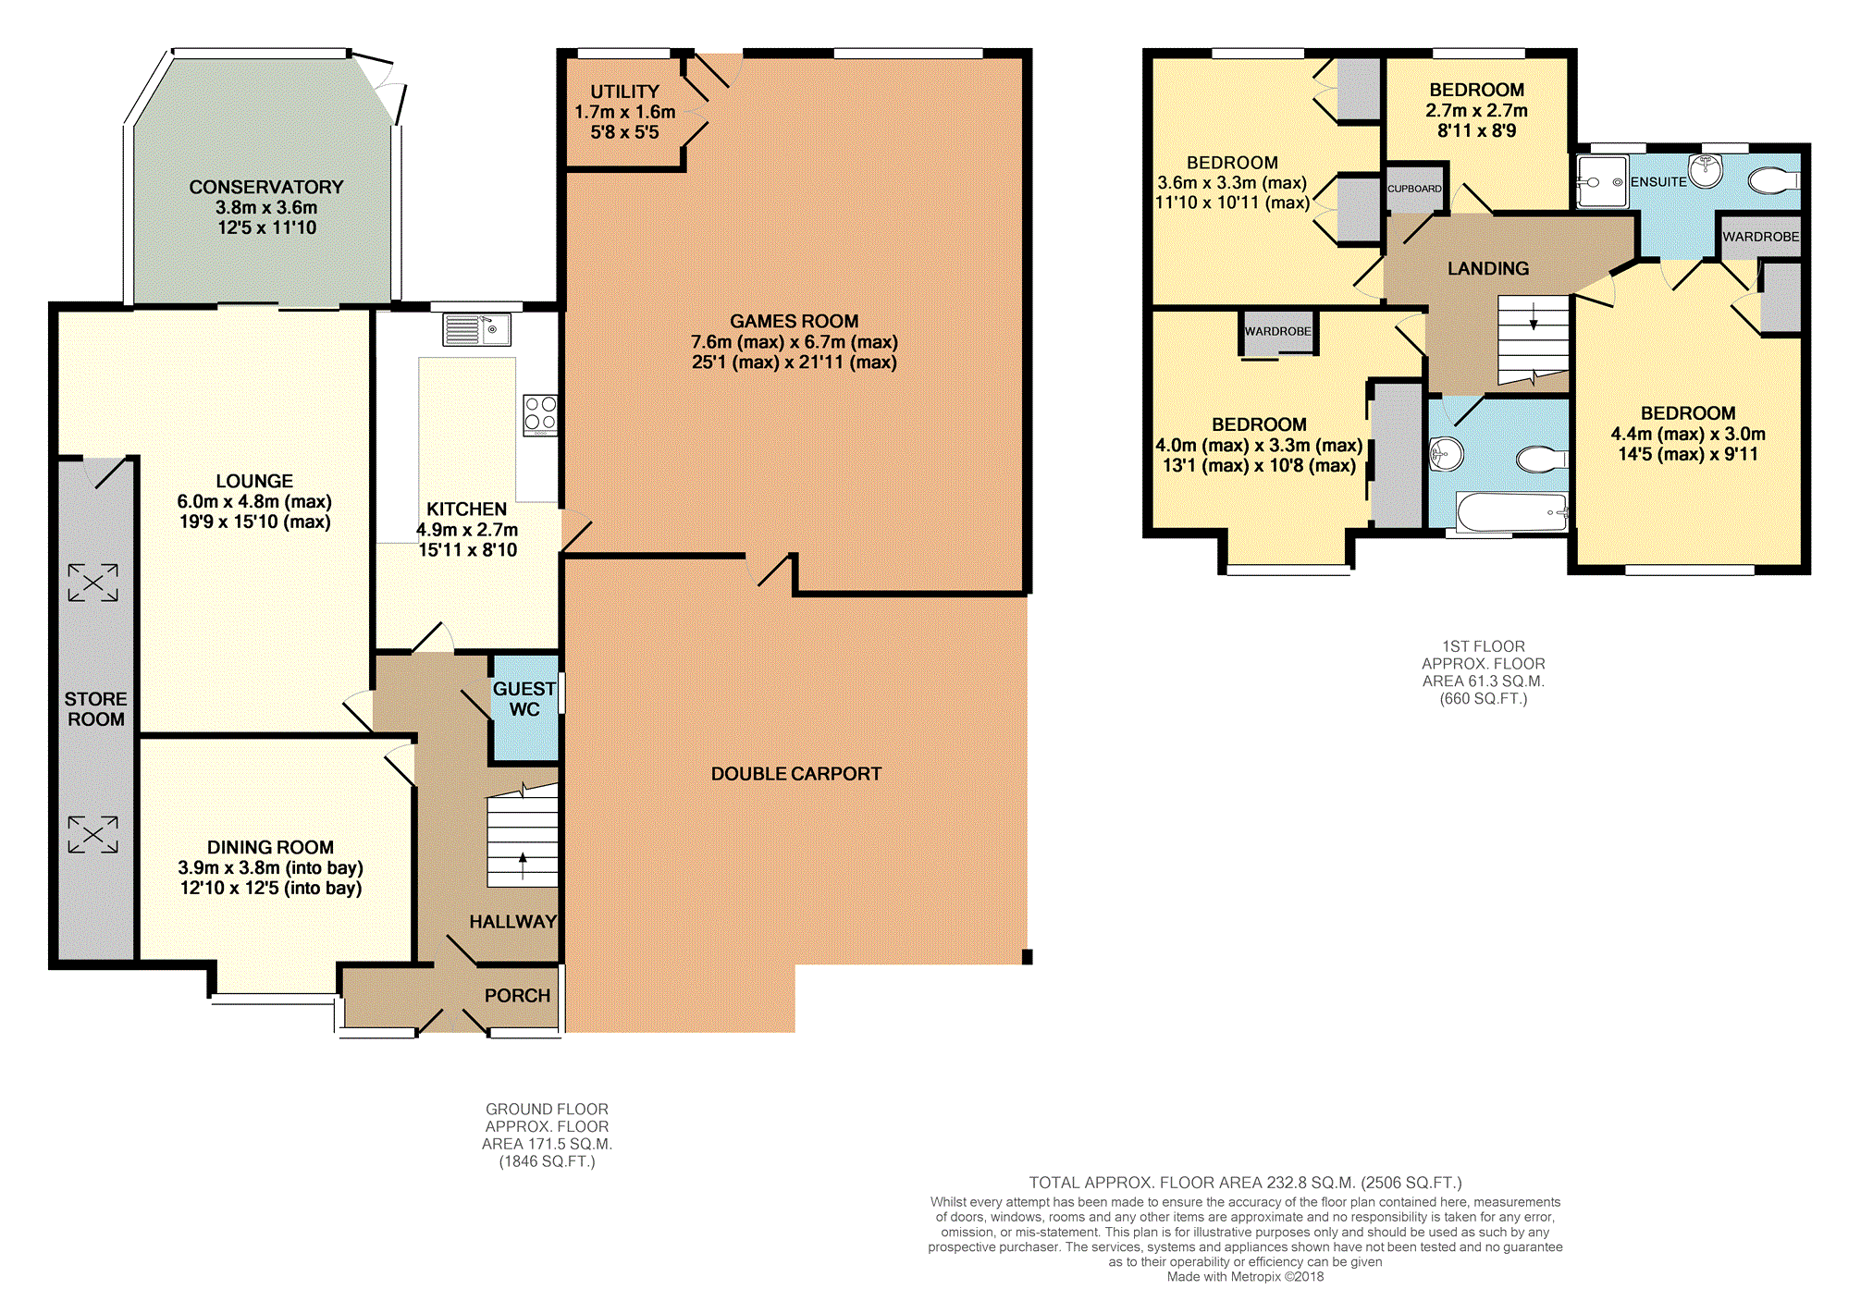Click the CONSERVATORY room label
click(x=266, y=187)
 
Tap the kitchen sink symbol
click(x=476, y=329)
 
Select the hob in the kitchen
click(x=540, y=415)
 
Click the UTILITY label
click(x=625, y=92)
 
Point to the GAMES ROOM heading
click(x=795, y=321)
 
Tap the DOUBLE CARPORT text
click(x=796, y=774)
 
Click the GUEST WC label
click(x=524, y=699)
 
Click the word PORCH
click(x=517, y=996)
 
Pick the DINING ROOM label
click(x=270, y=847)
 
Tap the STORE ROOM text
click(x=96, y=709)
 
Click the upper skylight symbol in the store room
click(x=93, y=583)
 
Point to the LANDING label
click(x=1488, y=268)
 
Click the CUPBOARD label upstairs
click(x=1414, y=189)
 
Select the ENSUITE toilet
click(x=1774, y=179)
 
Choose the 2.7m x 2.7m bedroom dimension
click(x=1477, y=110)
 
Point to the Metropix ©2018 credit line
click(x=1245, y=1277)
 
